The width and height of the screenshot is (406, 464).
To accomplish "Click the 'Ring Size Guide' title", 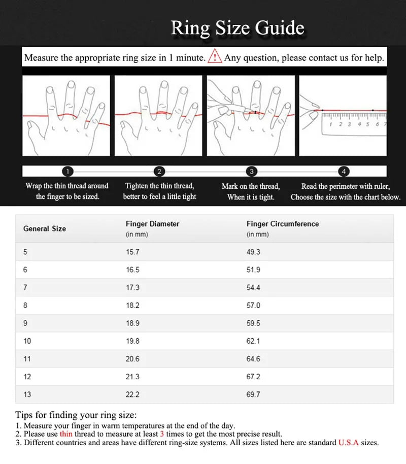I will (238, 28).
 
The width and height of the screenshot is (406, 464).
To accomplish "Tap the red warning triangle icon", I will (215, 56).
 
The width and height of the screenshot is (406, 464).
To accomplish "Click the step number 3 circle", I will (251, 171).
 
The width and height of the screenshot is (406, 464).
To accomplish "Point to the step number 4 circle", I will (345, 171).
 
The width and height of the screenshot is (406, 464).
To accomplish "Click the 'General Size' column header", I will (45, 228).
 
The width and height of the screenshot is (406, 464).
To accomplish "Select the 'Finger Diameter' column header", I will (152, 224).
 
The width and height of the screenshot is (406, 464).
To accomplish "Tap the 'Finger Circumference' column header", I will (283, 224).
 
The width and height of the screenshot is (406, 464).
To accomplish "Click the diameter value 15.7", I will (132, 252).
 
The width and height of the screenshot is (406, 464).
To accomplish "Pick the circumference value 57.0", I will (253, 305).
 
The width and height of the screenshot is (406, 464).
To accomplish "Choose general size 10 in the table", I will (27, 341).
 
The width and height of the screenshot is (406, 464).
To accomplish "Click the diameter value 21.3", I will (132, 377).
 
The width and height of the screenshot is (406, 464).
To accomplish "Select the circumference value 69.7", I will (253, 394).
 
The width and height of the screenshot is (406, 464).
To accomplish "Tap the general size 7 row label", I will (25, 287).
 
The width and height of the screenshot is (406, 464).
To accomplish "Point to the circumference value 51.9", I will (253, 270).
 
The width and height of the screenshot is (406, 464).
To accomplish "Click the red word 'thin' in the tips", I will (66, 434).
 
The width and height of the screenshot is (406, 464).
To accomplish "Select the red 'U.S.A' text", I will (348, 443).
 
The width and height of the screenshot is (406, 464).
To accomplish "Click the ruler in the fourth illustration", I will (354, 123).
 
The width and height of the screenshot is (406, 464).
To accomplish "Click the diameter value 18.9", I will (132, 323).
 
